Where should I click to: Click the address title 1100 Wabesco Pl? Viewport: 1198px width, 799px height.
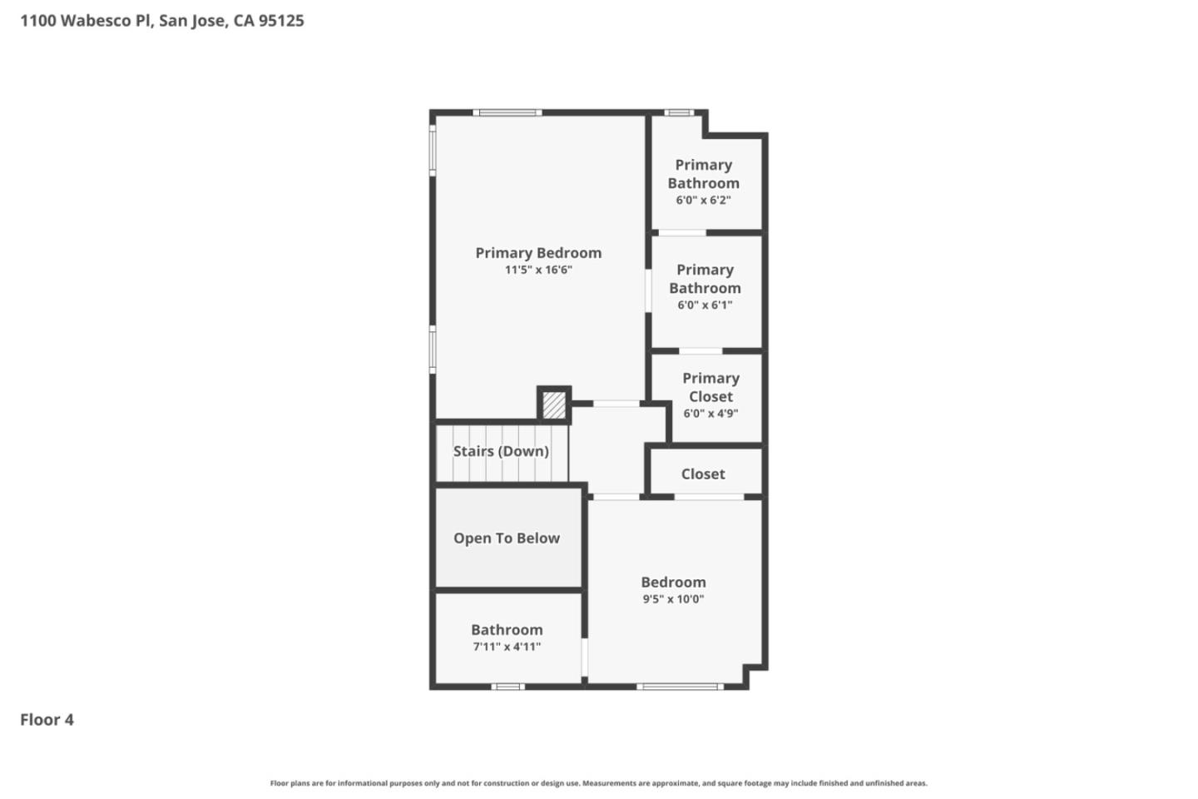pyautogui.click(x=162, y=21)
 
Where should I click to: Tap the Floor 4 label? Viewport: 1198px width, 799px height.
pyautogui.click(x=47, y=720)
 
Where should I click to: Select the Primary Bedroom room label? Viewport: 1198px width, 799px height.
pyautogui.click(x=538, y=253)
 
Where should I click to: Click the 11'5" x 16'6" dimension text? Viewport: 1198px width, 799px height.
pyautogui.click(x=538, y=270)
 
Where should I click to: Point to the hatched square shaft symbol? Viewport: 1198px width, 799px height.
pyautogui.click(x=554, y=405)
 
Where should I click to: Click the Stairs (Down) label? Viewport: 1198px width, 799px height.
pyautogui.click(x=501, y=451)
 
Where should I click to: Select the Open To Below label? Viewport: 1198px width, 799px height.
pyautogui.click(x=507, y=538)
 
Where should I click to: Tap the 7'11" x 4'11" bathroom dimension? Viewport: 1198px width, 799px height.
pyautogui.click(x=507, y=647)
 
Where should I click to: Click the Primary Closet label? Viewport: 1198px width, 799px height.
pyautogui.click(x=710, y=387)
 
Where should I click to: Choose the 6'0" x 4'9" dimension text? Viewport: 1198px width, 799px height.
pyautogui.click(x=710, y=414)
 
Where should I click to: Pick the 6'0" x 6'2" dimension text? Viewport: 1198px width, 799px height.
pyautogui.click(x=703, y=201)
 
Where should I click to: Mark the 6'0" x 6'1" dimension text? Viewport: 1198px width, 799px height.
pyautogui.click(x=705, y=305)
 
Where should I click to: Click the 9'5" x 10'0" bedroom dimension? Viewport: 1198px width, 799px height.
pyautogui.click(x=673, y=599)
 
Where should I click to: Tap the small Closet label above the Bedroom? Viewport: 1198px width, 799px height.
pyautogui.click(x=703, y=474)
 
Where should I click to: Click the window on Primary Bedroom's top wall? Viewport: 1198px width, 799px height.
pyautogui.click(x=507, y=112)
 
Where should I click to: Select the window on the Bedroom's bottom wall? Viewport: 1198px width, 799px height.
pyautogui.click(x=680, y=687)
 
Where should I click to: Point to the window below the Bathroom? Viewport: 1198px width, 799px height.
pyautogui.click(x=507, y=687)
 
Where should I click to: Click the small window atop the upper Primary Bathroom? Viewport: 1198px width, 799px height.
pyautogui.click(x=679, y=112)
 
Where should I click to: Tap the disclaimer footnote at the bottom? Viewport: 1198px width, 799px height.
pyautogui.click(x=598, y=783)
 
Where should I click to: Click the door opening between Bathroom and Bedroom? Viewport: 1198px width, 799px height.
pyautogui.click(x=585, y=658)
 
